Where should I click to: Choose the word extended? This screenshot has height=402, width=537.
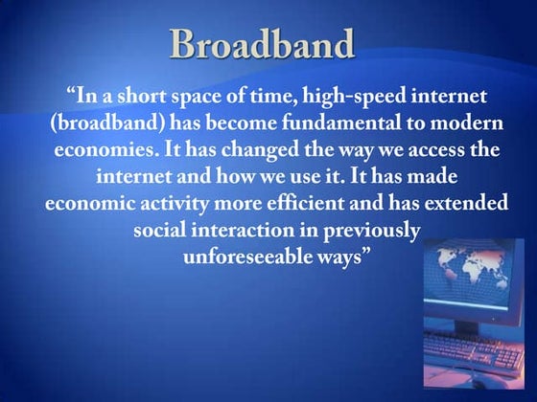[450, 204]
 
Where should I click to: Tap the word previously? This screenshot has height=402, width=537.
[371, 231]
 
